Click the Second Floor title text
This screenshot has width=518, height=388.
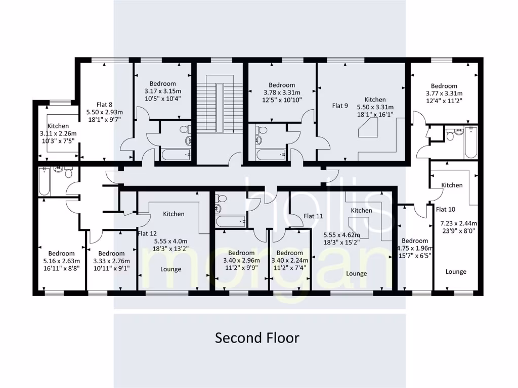point(257,337)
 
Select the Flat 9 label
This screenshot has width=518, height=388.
point(340,106)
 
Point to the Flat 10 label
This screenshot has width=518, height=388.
point(446,209)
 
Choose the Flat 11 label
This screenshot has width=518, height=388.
point(313,216)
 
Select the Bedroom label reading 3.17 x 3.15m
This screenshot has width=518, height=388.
point(162,84)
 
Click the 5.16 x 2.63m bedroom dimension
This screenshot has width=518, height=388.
point(61,261)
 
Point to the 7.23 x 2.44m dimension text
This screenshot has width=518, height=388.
point(455,223)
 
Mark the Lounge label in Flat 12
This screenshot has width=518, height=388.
point(170,269)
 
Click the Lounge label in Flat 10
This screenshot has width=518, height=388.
point(456,271)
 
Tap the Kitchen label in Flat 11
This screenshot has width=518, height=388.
point(361,210)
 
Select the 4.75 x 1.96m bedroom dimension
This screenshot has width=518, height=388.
point(415,248)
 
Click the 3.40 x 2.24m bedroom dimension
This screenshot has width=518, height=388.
point(289,261)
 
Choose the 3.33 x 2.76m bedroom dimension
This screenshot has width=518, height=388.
point(111,261)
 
